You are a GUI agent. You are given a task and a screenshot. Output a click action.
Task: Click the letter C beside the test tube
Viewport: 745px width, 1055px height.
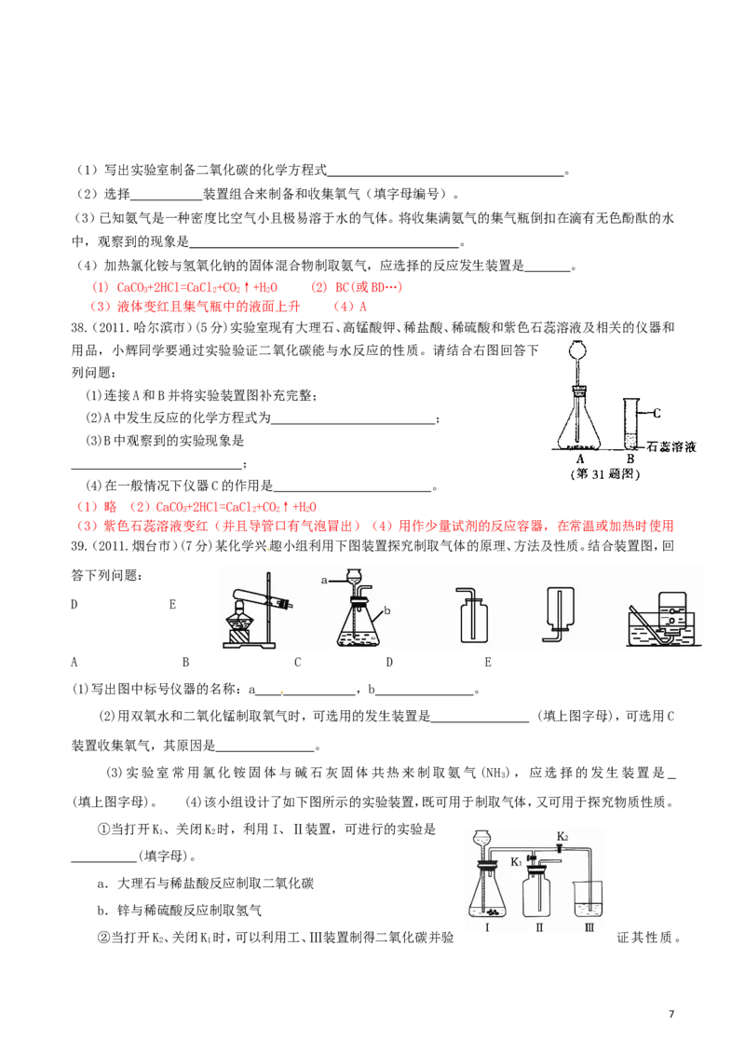(x=657, y=413)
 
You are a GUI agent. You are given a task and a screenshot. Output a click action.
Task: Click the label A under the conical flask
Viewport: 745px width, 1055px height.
(x=580, y=459)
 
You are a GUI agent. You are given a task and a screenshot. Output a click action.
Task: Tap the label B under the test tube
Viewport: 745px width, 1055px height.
(x=630, y=459)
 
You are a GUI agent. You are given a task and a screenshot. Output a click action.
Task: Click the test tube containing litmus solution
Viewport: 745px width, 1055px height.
(x=629, y=424)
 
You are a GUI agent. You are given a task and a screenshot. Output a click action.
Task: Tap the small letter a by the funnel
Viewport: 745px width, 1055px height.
(x=324, y=580)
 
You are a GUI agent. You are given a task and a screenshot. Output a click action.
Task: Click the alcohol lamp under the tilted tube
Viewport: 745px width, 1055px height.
(x=241, y=620)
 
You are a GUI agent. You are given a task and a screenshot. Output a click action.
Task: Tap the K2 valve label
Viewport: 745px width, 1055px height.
(x=562, y=836)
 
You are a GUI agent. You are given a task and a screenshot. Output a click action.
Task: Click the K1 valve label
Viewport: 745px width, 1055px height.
(x=517, y=862)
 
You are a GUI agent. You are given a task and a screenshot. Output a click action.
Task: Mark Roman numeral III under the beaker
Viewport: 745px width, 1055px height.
(x=589, y=928)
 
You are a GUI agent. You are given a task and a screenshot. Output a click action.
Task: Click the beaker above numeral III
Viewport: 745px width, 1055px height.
(x=589, y=897)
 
